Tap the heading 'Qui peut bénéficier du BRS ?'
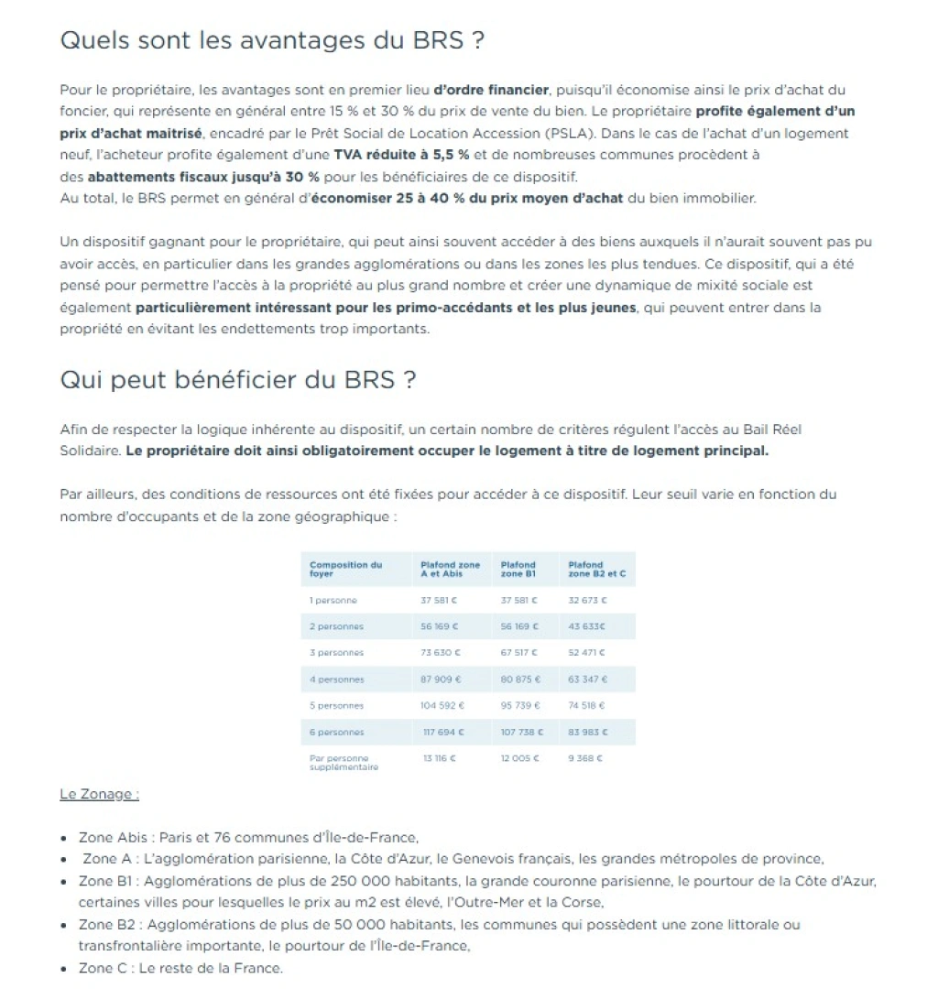click(237, 380)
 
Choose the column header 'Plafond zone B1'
click(518, 569)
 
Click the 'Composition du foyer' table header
click(345, 569)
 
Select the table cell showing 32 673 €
click(587, 601)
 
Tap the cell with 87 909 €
click(441, 679)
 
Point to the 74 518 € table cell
click(587, 706)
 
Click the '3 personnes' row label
click(337, 653)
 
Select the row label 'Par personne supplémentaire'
click(344, 763)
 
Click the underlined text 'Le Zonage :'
click(99, 795)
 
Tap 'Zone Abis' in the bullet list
click(108, 837)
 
